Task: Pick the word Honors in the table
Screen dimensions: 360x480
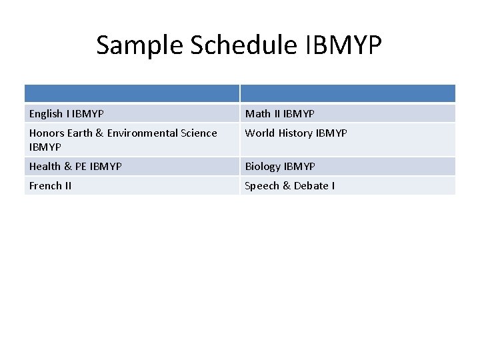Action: tap(45, 133)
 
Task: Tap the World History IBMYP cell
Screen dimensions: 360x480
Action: tap(296, 133)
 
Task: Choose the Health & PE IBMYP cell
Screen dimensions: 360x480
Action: tap(75, 167)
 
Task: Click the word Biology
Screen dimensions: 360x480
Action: tap(263, 167)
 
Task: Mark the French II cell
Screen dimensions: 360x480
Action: tap(51, 186)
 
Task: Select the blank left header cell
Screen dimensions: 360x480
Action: tap(132, 93)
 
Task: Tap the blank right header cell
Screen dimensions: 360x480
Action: tap(347, 93)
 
